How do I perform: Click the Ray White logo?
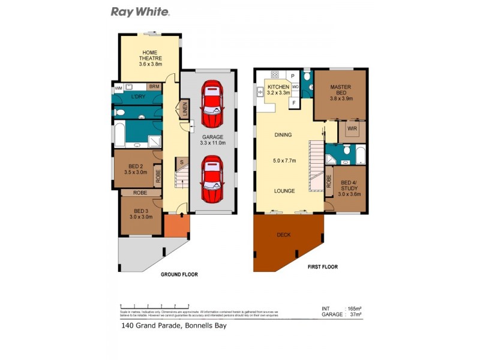[140, 12]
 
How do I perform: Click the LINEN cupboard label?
[185, 110]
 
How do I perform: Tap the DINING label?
[283, 135]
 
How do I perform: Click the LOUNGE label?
[284, 191]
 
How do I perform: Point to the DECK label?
[283, 235]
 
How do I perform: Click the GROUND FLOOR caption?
[179, 274]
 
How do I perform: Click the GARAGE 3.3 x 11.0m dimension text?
[212, 140]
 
